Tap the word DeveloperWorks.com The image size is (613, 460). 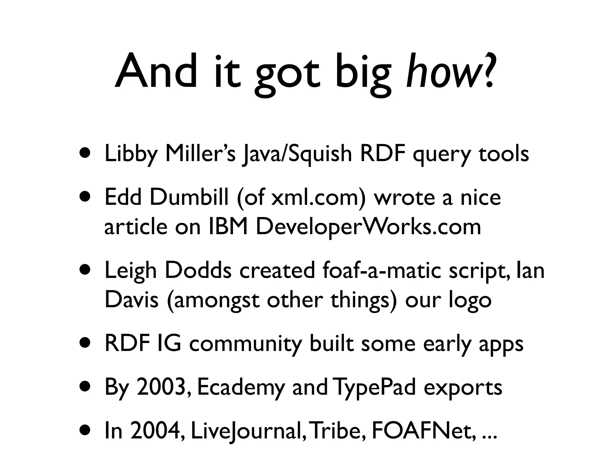(x=368, y=227)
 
